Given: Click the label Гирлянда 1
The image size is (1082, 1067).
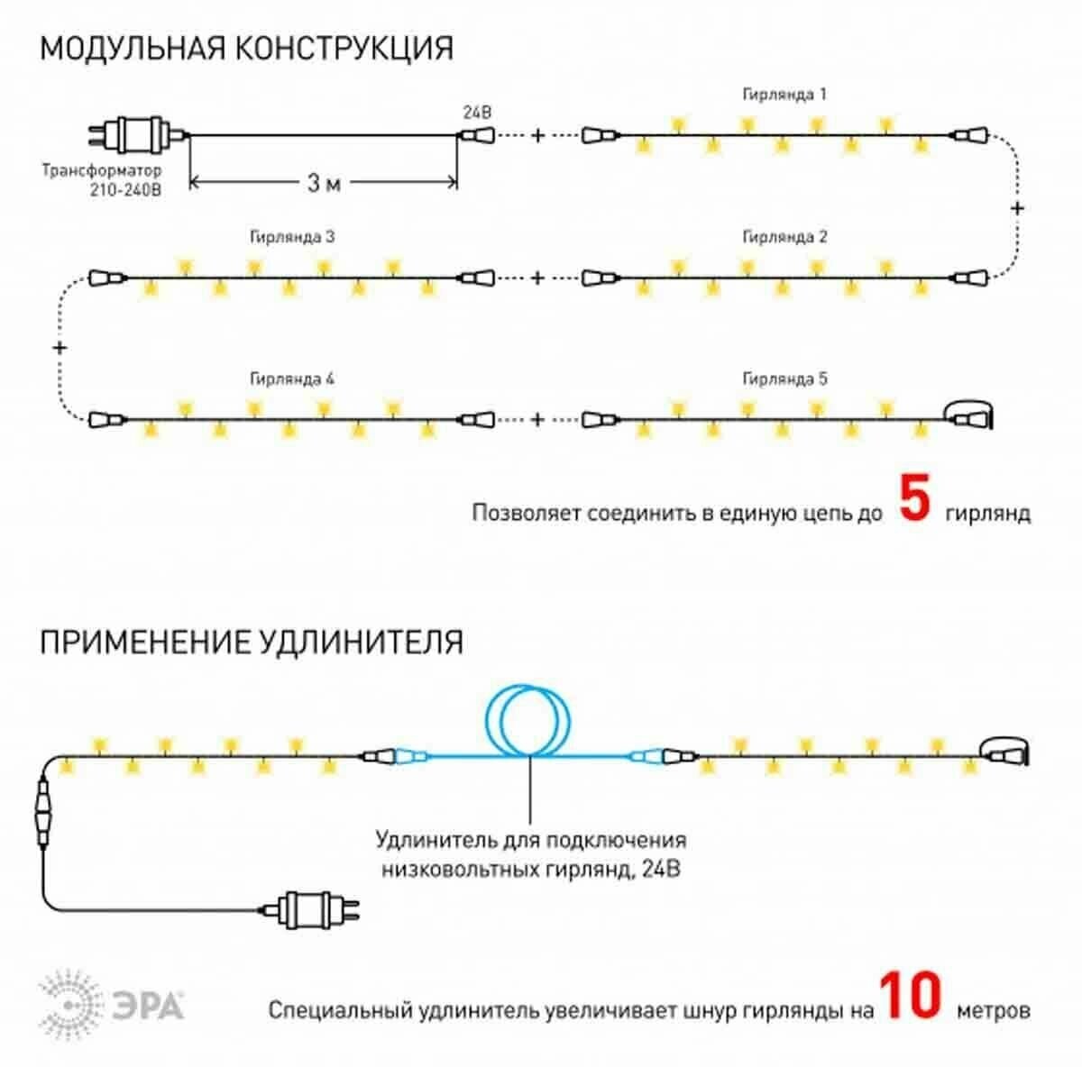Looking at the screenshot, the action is (x=784, y=95).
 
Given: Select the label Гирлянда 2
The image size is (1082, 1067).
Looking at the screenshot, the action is (x=784, y=237).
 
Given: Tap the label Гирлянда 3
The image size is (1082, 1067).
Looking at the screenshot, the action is (x=292, y=237).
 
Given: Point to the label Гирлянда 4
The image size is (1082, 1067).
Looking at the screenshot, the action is (x=292, y=379).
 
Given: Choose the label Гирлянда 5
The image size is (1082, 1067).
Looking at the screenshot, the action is (x=784, y=379).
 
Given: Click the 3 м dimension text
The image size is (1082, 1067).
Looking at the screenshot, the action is (x=324, y=183).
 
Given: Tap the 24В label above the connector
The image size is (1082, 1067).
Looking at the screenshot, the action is (x=477, y=113).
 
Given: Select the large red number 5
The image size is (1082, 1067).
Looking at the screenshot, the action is (x=914, y=500).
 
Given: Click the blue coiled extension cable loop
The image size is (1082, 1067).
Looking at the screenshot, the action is (x=530, y=721).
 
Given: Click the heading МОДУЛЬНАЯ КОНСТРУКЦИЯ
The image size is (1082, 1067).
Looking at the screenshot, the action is (x=246, y=48).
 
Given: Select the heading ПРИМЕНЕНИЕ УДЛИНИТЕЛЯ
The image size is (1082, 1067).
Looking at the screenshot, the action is (x=252, y=643).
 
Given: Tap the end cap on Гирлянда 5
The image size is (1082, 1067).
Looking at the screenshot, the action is (x=970, y=417).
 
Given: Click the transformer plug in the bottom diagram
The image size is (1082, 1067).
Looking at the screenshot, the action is (x=311, y=909).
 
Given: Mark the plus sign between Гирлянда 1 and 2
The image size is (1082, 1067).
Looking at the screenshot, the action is (x=1018, y=208).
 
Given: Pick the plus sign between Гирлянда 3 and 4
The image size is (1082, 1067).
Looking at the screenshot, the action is (x=60, y=347).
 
